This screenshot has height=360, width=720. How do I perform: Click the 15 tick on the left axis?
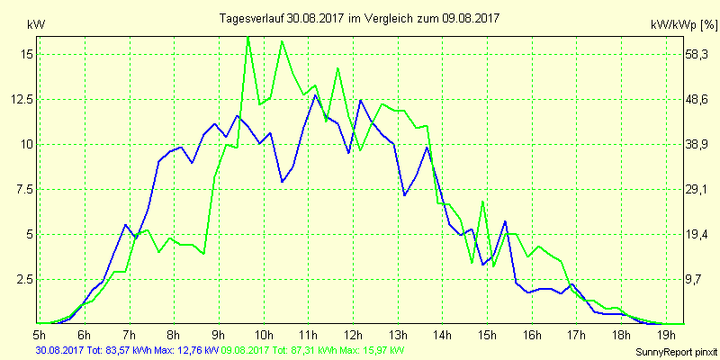[x=25, y=54]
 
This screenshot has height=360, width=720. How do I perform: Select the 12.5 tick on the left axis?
[x=21, y=99]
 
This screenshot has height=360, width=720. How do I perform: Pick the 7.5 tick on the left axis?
[x=23, y=189]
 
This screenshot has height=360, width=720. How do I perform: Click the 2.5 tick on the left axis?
[x=23, y=279]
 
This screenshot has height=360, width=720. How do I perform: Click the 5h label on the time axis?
[x=40, y=335]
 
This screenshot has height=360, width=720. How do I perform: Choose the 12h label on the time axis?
[x=353, y=335]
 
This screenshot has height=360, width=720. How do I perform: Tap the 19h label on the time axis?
[x=666, y=335]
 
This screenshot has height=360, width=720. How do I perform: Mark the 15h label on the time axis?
[x=487, y=335]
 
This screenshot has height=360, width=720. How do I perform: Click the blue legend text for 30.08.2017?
[x=126, y=349]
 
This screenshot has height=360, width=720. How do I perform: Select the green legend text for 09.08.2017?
[x=312, y=349]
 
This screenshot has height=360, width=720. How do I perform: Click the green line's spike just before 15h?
[x=482, y=202]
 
